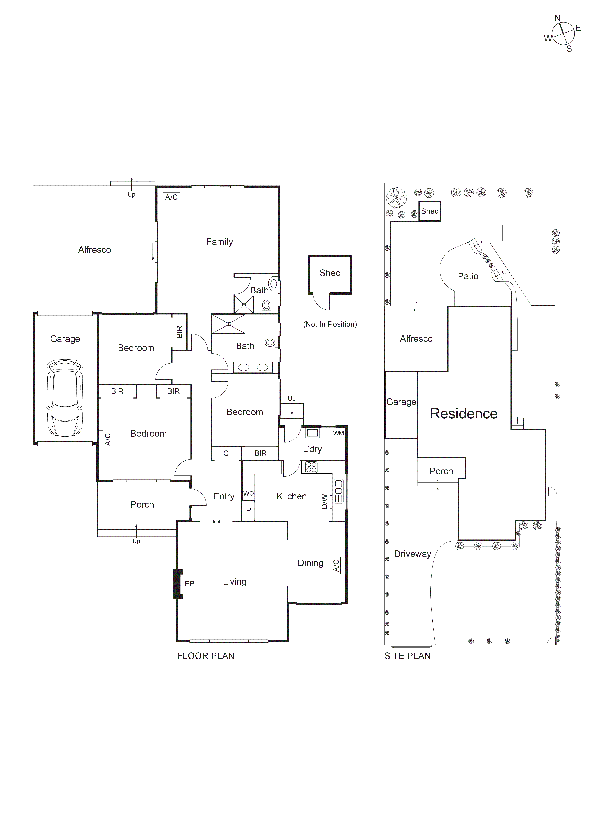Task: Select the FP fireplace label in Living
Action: click(189, 584)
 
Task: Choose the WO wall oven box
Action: click(248, 493)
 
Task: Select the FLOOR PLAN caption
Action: click(206, 656)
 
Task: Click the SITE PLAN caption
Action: click(408, 656)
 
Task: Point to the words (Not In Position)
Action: click(330, 324)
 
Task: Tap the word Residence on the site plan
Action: click(463, 413)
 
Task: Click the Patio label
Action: click(468, 276)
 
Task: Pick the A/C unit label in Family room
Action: click(171, 197)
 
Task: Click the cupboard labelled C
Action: click(226, 453)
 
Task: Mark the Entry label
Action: click(224, 496)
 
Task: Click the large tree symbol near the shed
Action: click(396, 197)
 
